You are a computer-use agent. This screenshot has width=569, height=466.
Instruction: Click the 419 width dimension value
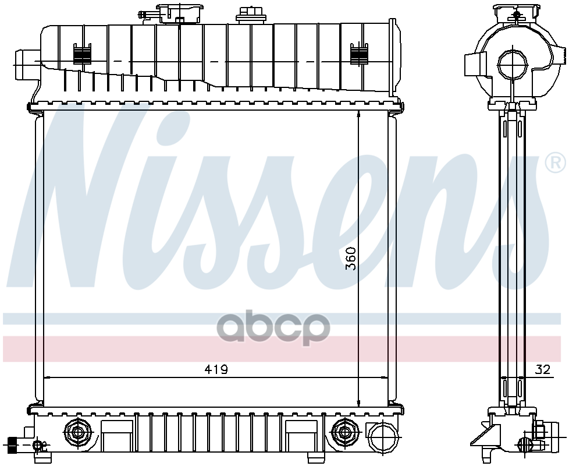pos(216,369)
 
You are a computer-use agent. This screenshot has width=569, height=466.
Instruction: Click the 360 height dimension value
pos(351,258)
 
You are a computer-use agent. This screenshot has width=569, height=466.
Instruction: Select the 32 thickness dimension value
pos(542,369)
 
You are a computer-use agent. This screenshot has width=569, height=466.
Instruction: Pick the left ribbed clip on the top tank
pos(82,55)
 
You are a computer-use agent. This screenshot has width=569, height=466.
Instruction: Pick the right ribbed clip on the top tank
pos(358,55)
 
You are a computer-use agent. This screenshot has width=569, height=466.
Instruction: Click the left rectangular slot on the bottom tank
pos(117,434)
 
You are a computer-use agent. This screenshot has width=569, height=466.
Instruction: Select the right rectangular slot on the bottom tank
pos(301,434)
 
